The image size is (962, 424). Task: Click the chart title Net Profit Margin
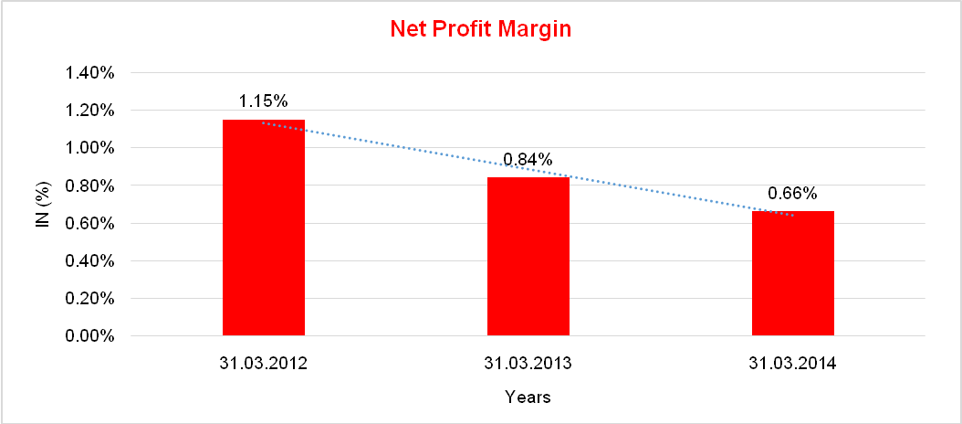coord(480,29)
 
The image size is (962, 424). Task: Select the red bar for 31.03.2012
coord(264,228)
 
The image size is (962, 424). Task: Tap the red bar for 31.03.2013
coord(528,257)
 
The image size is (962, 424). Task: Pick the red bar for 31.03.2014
coord(793,274)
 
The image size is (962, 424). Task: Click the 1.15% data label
coord(264,100)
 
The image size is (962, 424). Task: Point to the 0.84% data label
coord(528,160)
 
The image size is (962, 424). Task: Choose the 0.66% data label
coord(792,193)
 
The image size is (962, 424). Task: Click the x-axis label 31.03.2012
coord(264,364)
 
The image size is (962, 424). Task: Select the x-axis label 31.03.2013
coord(528,364)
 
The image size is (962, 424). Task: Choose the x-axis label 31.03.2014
coord(793,364)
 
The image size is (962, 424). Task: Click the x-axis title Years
coord(528,397)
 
